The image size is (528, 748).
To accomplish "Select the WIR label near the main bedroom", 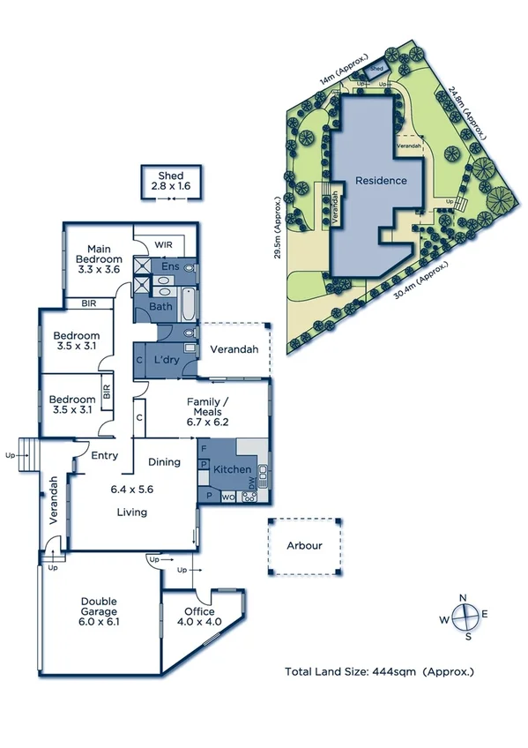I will pyautogui.click(x=163, y=243).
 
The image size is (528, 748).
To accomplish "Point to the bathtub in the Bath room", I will pyautogui.click(x=189, y=305).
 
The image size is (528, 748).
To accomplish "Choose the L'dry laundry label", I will pyautogui.click(x=167, y=361).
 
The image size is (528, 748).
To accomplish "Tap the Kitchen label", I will pyautogui.click(x=233, y=469).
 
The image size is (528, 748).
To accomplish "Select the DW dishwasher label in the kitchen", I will pyautogui.click(x=252, y=484).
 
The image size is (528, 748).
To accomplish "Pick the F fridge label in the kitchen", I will pyautogui.click(x=204, y=449).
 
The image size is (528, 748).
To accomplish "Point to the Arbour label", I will pyautogui.click(x=304, y=545).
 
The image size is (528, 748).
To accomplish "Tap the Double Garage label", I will pyautogui.click(x=99, y=610).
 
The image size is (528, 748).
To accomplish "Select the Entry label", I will pyautogui.click(x=104, y=455).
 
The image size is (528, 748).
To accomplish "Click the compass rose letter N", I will pyautogui.click(x=464, y=597).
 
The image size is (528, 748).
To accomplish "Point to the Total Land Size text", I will pyautogui.click(x=379, y=671).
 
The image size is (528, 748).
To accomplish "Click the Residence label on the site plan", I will pyautogui.click(x=381, y=181).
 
